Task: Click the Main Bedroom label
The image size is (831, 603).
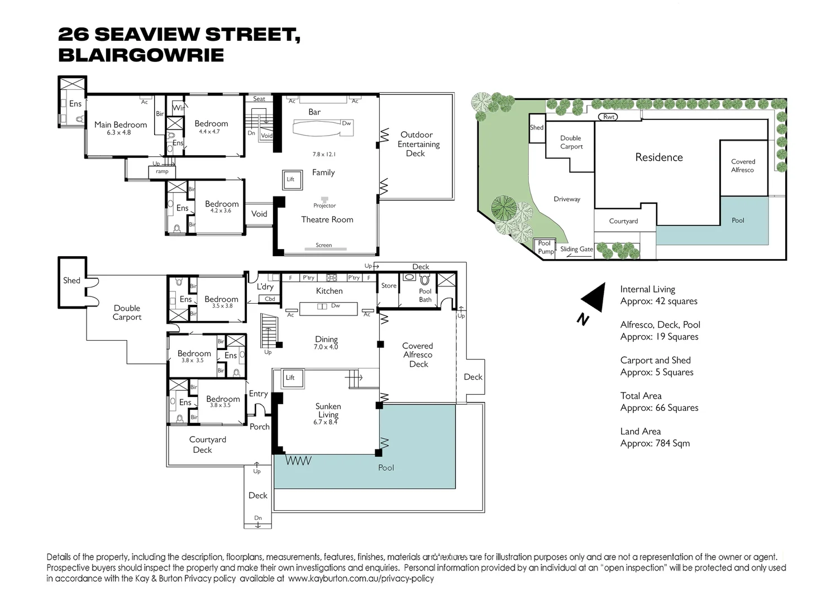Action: pyautogui.click(x=120, y=125)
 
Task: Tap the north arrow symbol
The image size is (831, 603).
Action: pyautogui.click(x=594, y=298)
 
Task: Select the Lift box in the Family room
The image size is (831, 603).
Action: pyautogui.click(x=290, y=179)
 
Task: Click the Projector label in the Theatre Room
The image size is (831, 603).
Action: pyautogui.click(x=324, y=205)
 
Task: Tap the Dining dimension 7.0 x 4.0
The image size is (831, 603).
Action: pyautogui.click(x=326, y=347)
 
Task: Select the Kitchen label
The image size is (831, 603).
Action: pyautogui.click(x=329, y=291)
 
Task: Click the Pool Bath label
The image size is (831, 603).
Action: pyautogui.click(x=425, y=295)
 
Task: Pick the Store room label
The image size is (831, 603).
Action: pyautogui.click(x=389, y=286)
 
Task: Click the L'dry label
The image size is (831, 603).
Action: pyautogui.click(x=265, y=287)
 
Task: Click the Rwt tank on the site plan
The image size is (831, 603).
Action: pyautogui.click(x=609, y=117)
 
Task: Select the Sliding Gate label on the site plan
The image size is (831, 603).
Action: pyautogui.click(x=576, y=250)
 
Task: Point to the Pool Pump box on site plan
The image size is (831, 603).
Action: pyautogui.click(x=545, y=247)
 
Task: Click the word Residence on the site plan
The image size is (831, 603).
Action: pyautogui.click(x=659, y=157)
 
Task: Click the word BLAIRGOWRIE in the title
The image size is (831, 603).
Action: pyautogui.click(x=141, y=55)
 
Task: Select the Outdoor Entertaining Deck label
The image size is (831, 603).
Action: pyautogui.click(x=416, y=144)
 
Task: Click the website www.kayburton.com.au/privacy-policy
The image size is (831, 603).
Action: pyautogui.click(x=361, y=578)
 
